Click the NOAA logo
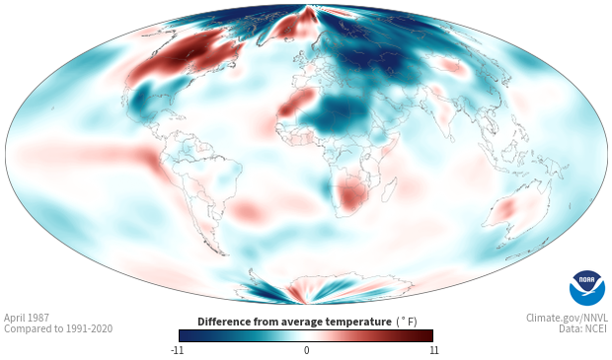(x=587, y=288)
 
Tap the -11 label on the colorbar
(x=177, y=350)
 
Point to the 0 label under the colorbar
(x=306, y=350)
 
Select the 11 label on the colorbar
(x=433, y=350)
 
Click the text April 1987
(x=27, y=318)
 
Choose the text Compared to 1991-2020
(x=58, y=328)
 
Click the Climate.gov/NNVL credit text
(x=567, y=318)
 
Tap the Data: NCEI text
(x=583, y=328)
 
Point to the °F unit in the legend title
(x=407, y=322)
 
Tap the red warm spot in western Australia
(x=506, y=209)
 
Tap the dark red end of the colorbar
(x=425, y=335)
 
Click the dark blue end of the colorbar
(x=188, y=335)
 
